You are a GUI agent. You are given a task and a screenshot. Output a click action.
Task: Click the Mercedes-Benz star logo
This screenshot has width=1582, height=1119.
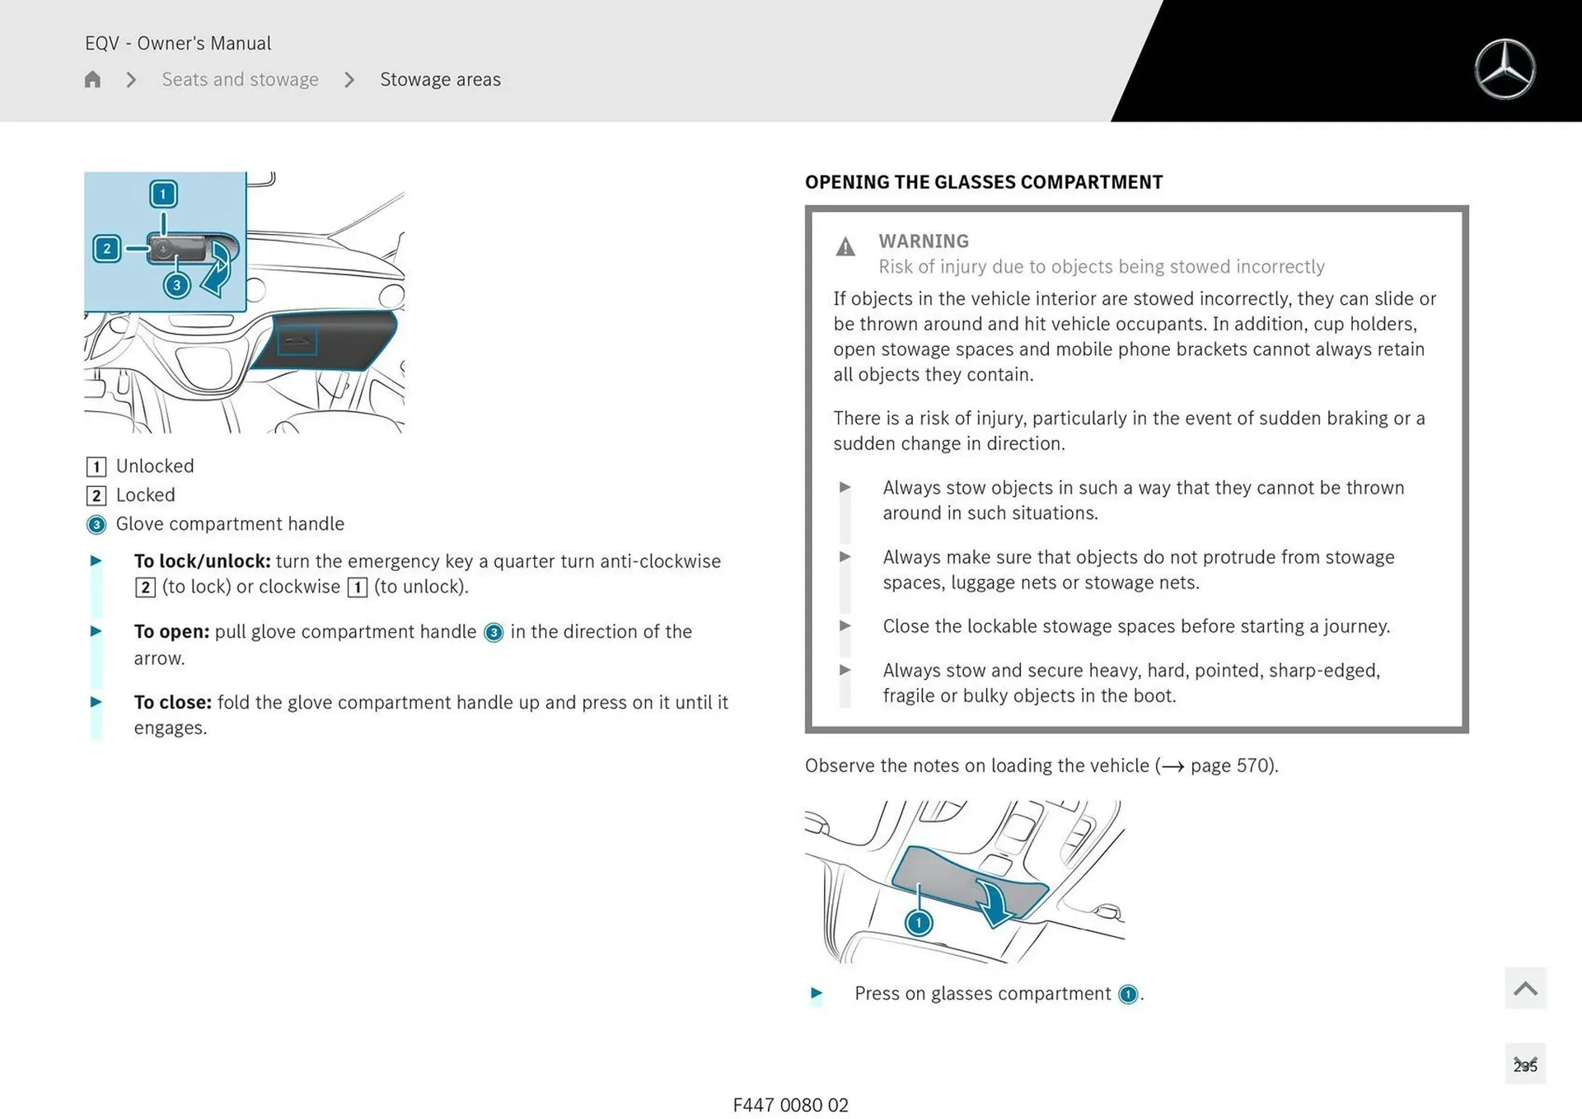pyautogui.click(x=1505, y=69)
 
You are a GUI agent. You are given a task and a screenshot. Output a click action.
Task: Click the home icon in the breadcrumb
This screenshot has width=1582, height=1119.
pyautogui.click(x=92, y=80)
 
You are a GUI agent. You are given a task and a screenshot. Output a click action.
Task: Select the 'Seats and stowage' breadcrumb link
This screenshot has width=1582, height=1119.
pyautogui.click(x=240, y=80)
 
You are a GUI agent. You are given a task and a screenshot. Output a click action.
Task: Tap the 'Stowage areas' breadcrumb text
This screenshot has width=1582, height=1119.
pyautogui.click(x=440, y=80)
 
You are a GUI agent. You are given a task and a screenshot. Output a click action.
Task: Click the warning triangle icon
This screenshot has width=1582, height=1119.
pyautogui.click(x=845, y=246)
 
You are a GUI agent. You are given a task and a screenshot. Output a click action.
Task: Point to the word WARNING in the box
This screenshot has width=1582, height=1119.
pyautogui.click(x=923, y=241)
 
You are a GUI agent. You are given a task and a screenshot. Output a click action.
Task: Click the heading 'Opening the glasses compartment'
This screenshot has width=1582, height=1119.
pyautogui.click(x=983, y=182)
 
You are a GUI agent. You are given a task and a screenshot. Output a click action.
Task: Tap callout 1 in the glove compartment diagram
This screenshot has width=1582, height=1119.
pyautogui.click(x=163, y=194)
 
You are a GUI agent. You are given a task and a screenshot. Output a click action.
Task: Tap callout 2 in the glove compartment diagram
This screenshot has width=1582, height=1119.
pyautogui.click(x=107, y=249)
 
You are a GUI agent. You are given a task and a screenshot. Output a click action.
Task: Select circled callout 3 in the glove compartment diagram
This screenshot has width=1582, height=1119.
pyautogui.click(x=176, y=285)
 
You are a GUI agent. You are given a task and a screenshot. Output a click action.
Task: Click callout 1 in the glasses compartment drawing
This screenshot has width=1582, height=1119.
pyautogui.click(x=918, y=922)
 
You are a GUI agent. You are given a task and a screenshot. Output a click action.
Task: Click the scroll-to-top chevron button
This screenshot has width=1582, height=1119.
pyautogui.click(x=1524, y=988)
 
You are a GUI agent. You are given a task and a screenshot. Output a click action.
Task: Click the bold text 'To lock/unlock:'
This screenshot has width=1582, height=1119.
pyautogui.click(x=202, y=561)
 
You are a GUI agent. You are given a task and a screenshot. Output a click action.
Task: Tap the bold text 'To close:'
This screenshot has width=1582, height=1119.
pyautogui.click(x=172, y=702)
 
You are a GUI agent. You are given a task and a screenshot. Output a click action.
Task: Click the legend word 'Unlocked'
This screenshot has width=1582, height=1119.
pyautogui.click(x=155, y=466)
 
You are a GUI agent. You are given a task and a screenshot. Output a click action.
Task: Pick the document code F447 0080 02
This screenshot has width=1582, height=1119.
pyautogui.click(x=790, y=1105)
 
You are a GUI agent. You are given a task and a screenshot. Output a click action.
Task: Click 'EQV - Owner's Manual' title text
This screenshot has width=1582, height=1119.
pyautogui.click(x=178, y=43)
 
